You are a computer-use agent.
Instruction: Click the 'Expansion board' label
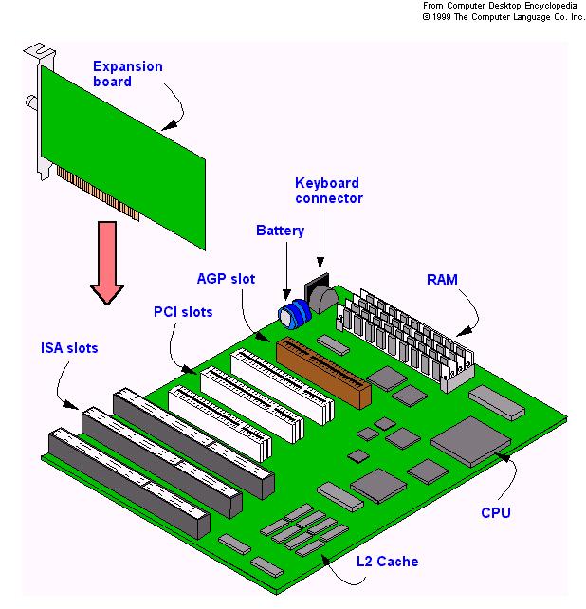click(127, 74)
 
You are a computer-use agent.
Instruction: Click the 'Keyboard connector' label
click(328, 190)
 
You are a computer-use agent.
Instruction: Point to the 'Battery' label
click(280, 231)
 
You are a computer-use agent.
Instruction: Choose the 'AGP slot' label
click(225, 279)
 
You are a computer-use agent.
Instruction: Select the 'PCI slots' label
click(183, 311)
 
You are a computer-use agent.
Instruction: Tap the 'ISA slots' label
click(68, 348)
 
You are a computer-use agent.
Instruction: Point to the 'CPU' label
click(495, 513)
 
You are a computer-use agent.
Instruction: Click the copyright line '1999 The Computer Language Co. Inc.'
click(504, 16)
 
